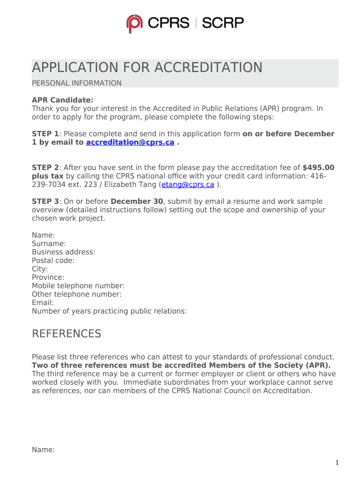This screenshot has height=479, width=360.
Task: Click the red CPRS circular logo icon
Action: [135, 24]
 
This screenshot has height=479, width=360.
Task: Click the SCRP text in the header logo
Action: [223, 22]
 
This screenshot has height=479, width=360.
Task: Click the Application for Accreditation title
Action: [147, 68]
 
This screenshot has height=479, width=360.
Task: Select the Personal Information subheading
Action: [77, 83]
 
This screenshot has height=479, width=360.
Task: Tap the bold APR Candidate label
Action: [63, 100]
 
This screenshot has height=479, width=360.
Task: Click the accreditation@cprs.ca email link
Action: [130, 143]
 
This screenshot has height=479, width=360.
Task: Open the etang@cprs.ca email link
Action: [188, 184]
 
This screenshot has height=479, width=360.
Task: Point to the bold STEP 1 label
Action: [45, 134]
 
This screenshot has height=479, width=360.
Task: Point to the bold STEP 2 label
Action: [45, 167]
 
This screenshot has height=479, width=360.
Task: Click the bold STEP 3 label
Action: [45, 202]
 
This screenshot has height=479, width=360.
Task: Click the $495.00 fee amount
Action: [318, 167]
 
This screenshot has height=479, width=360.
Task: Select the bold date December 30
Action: [137, 202]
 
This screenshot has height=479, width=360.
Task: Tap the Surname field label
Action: [49, 244]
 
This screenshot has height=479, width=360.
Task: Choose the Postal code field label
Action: [53, 261]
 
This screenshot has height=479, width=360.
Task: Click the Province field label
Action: [48, 277]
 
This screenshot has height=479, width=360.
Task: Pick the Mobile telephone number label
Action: [78, 286]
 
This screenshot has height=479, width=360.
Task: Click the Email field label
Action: [43, 303]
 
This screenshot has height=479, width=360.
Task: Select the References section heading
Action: [66, 334]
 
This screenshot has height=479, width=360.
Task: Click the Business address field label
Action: [64, 252]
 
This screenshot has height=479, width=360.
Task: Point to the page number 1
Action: [337, 463]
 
